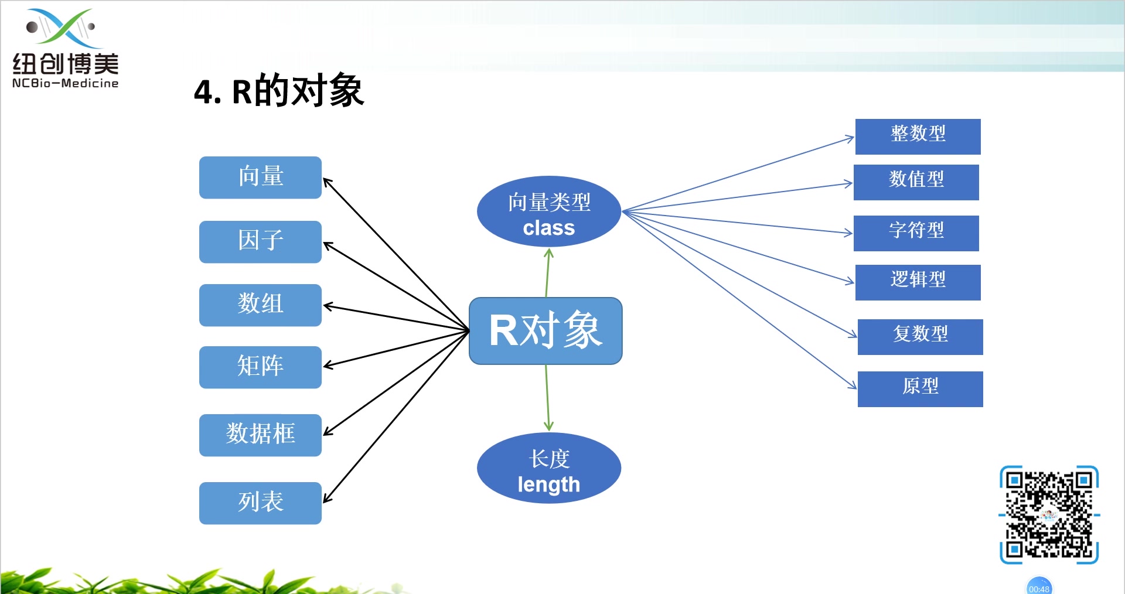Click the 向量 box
(260, 177)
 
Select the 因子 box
(260, 241)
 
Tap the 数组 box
(260, 305)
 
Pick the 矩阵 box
(260, 367)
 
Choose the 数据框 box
(260, 435)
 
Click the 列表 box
(260, 503)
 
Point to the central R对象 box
(546, 331)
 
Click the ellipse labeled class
(549, 212)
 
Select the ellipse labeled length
(549, 469)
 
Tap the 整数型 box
(918, 136)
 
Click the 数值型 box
(916, 182)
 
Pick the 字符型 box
(916, 233)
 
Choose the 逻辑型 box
(918, 282)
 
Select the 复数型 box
(920, 336)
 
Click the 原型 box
(920, 388)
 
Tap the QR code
(1049, 515)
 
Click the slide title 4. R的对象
(279, 91)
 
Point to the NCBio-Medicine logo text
(65, 83)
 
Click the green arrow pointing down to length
(547, 398)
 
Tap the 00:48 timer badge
(1039, 588)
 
